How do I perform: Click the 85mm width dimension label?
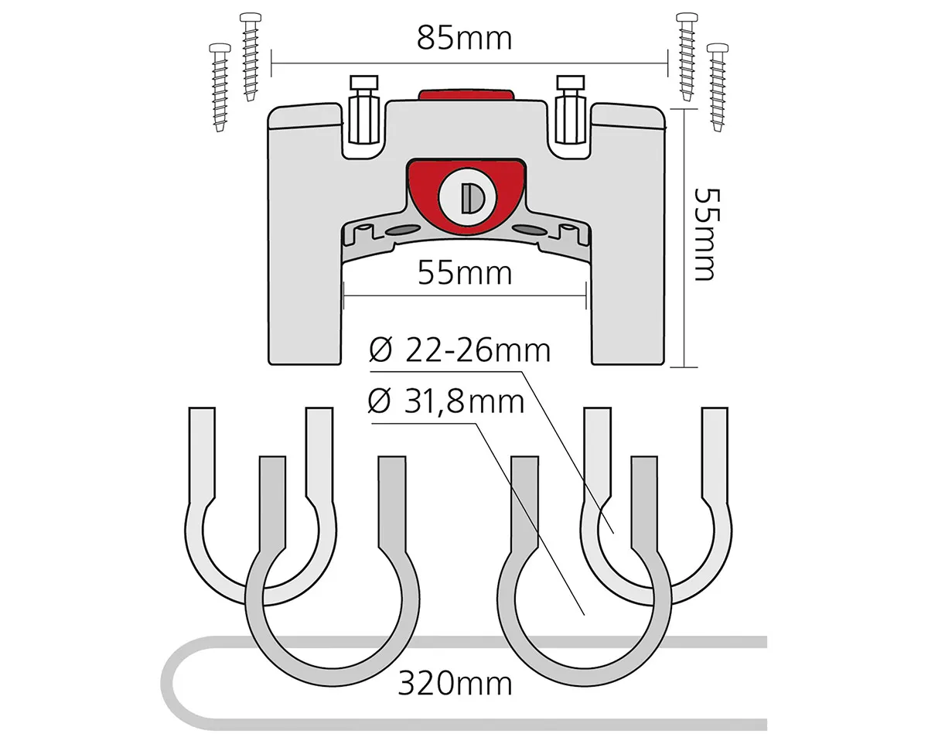pos(465,39)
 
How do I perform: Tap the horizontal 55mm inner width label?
pos(465,273)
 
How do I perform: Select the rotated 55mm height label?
pos(706,234)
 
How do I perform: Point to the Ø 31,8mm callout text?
pos(446,401)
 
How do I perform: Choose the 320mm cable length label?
pos(455,684)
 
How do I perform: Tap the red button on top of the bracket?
pos(466,95)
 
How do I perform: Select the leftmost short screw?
pos(220,87)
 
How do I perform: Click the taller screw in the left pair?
pos(250,57)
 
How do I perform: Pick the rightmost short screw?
pos(718,87)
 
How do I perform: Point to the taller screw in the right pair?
pos(687,57)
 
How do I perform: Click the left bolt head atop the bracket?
pos(364,82)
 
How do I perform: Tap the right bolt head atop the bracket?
pos(571,82)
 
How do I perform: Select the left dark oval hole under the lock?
pos(402,230)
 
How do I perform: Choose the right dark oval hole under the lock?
pos(531,230)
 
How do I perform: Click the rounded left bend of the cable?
pos(169,683)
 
